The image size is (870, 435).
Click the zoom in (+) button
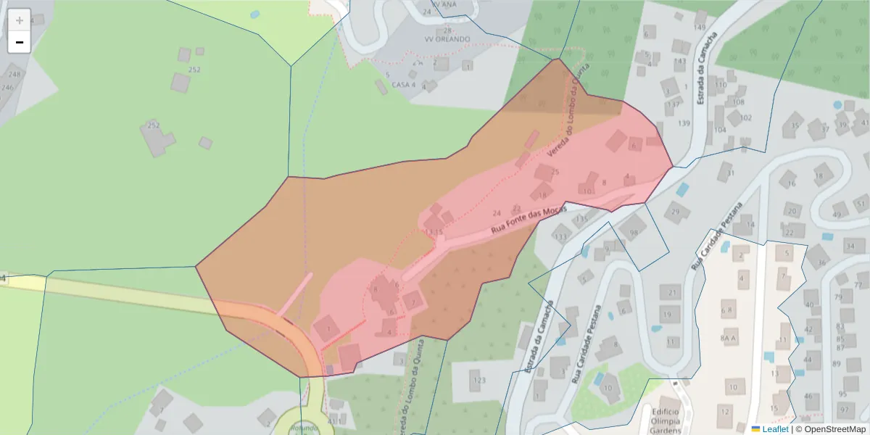pyautogui.click(x=20, y=20)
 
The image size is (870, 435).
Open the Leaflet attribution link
pyautogui.click(x=775, y=429)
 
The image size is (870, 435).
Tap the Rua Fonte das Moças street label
pyautogui.click(x=528, y=220)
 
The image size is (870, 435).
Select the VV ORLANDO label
pyautogui.click(x=447, y=39)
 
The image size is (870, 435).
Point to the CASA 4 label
pyautogui.click(x=403, y=84)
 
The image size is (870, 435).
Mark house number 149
pyautogui.click(x=699, y=28)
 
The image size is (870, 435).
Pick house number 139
pyautogui.click(x=684, y=123)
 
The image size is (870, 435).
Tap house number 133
pyautogui.click(x=560, y=236)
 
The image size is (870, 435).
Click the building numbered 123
pyautogui.click(x=478, y=380)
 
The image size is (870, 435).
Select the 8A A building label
pyautogui.click(x=729, y=338)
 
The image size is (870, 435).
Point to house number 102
pyautogui.click(x=746, y=117)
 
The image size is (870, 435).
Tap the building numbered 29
pyautogui.click(x=676, y=212)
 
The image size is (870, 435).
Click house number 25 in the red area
pyautogui.click(x=555, y=172)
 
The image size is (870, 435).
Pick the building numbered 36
pyautogui.click(x=821, y=262)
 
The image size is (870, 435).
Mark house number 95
pyautogui.click(x=842, y=394)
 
